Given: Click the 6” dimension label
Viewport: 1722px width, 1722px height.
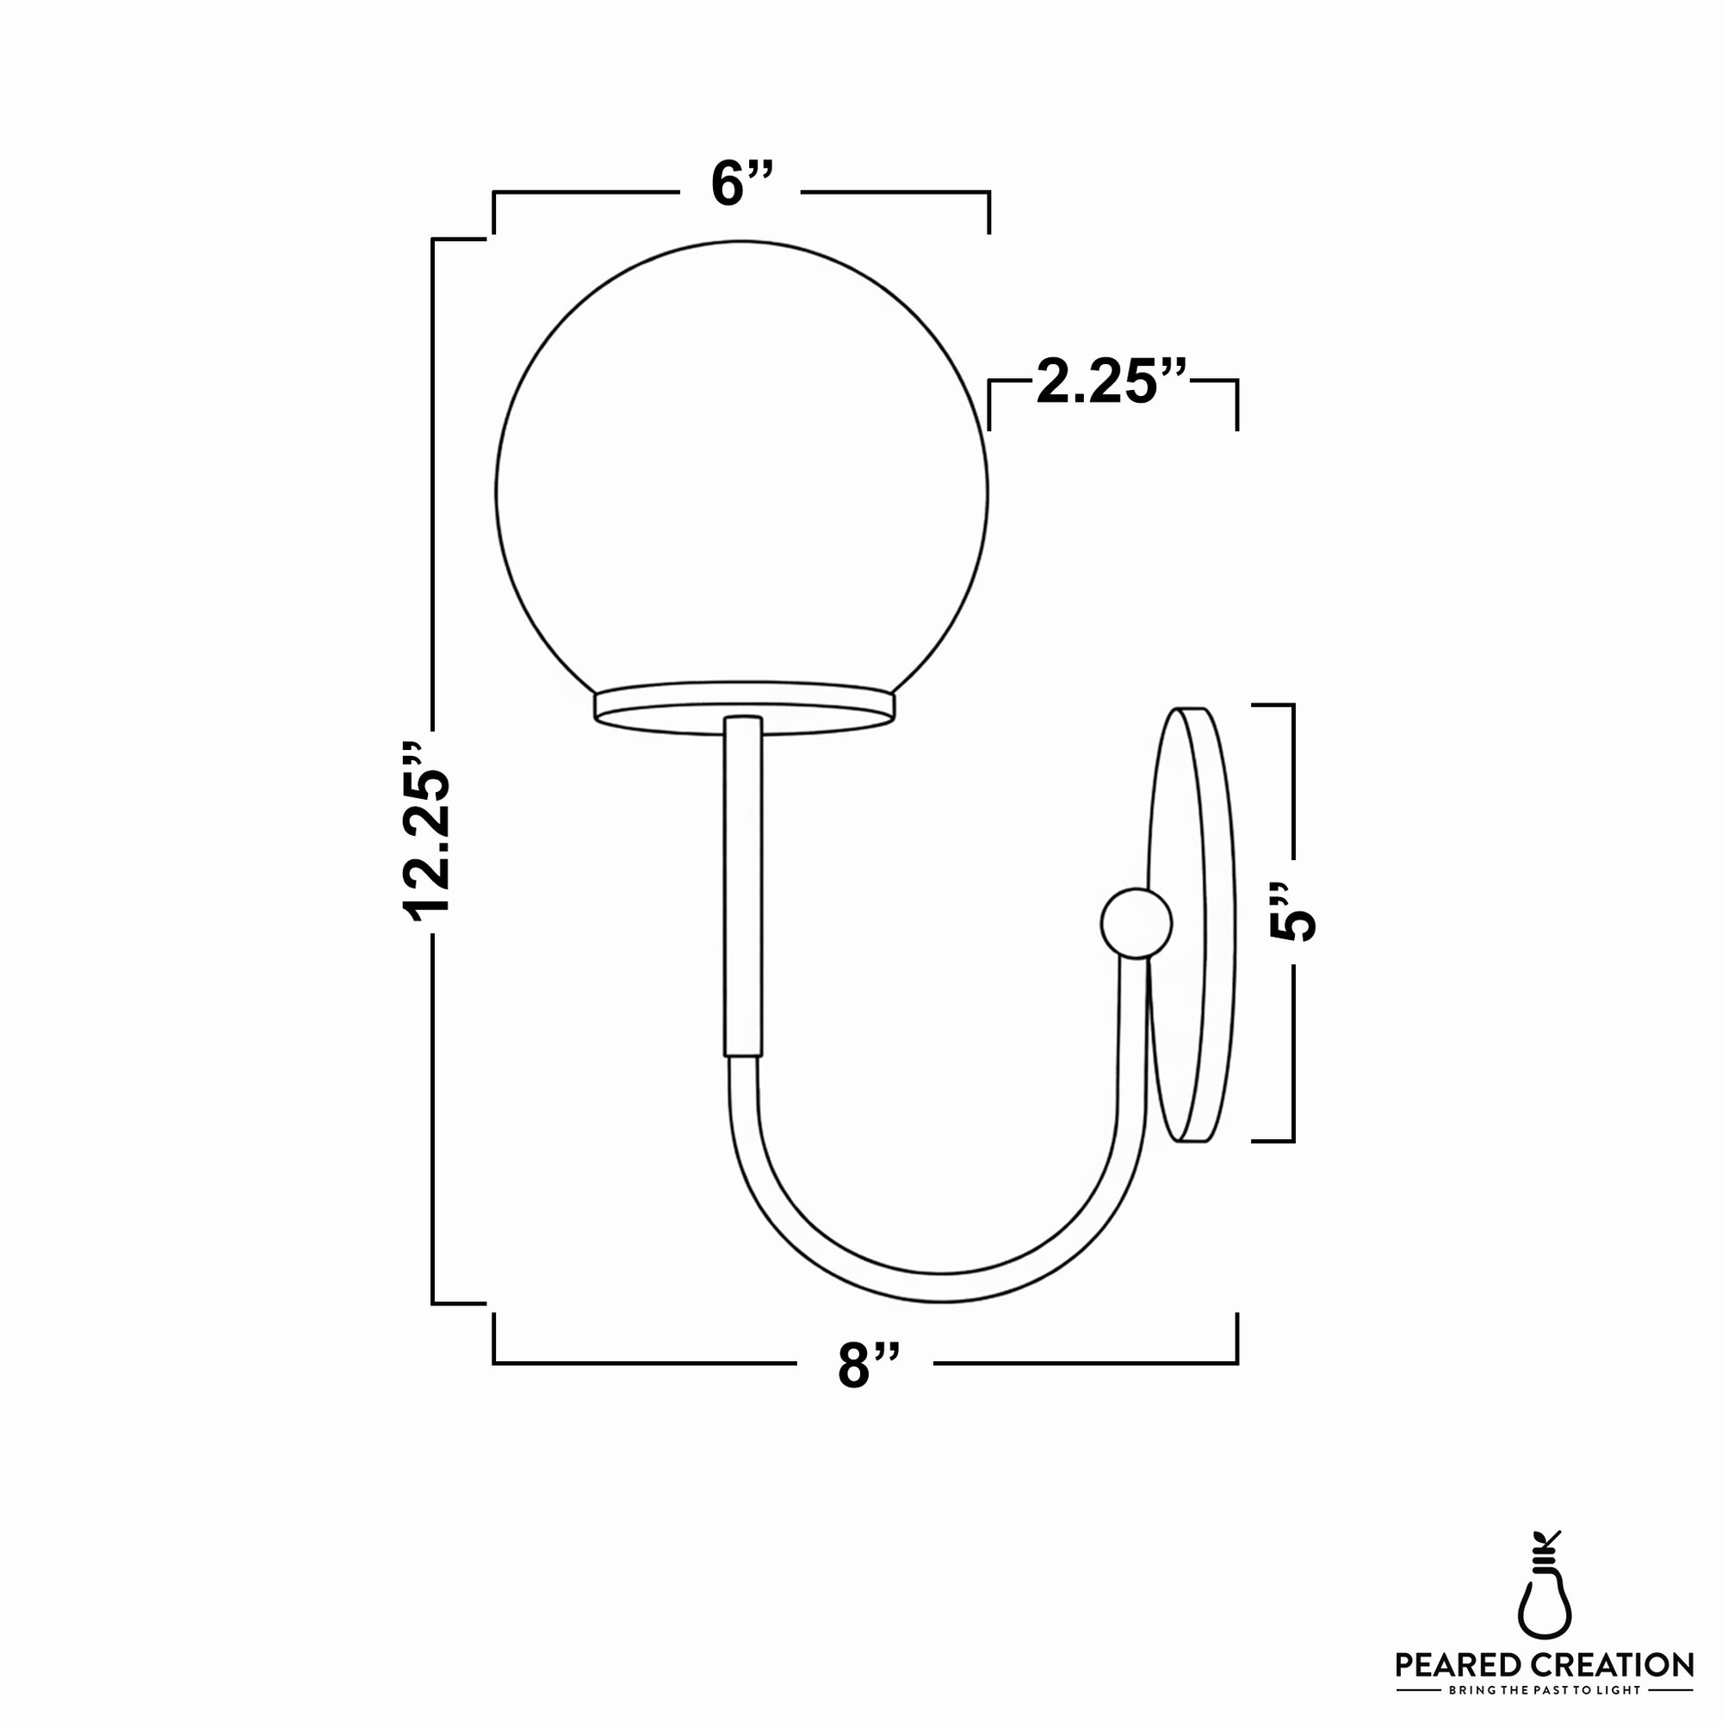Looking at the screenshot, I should pos(740,184).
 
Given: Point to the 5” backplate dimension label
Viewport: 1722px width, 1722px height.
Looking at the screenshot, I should pos(1291,914).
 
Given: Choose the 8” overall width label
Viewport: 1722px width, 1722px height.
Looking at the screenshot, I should pos(867,1364).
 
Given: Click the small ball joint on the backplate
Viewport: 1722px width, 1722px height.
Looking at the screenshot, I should pos(1136,923).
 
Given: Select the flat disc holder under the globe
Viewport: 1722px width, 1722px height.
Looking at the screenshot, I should pos(745,708).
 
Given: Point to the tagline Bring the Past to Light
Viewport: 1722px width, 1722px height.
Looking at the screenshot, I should pos(1545,1690).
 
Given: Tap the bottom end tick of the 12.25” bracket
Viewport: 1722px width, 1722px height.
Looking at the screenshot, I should pos(459,1303).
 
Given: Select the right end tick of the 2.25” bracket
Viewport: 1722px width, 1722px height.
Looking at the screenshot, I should pos(1237,406).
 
